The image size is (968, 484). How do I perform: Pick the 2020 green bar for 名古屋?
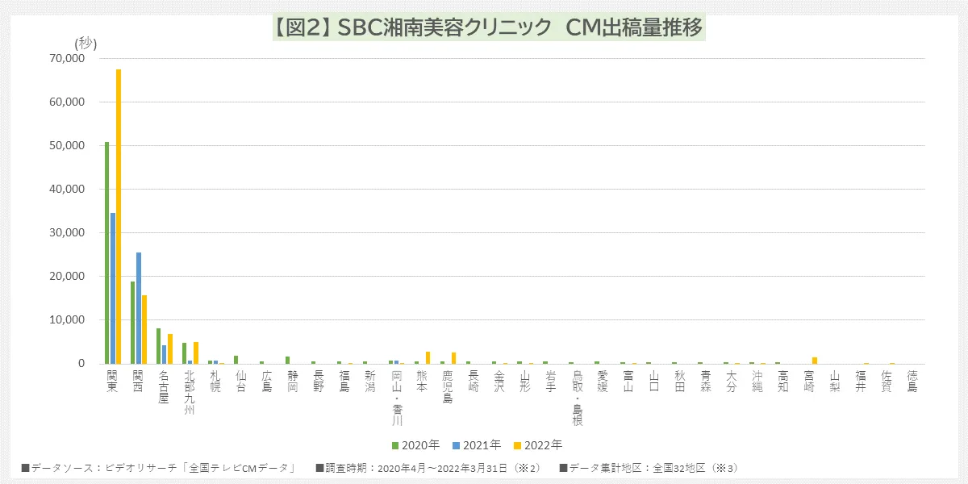coord(159,346)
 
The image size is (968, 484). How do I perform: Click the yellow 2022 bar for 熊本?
coord(428,357)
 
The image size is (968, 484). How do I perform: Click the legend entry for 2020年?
coord(415,444)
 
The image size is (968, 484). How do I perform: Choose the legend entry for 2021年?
coord(477,444)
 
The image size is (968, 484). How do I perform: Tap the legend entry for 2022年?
coord(538,444)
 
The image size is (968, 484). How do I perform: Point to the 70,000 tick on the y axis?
coord(67,59)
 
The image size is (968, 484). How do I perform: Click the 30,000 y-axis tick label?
coord(67,233)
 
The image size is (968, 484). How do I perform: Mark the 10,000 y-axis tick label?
coord(67,320)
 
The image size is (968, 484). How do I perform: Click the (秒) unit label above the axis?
coord(86,44)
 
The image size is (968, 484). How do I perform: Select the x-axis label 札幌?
coord(215,381)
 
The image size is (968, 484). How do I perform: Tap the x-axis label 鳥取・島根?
coord(577,398)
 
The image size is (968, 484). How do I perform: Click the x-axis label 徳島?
coord(912,381)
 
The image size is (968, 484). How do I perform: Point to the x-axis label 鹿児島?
coord(448,386)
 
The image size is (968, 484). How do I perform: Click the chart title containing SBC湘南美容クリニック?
coord(488,27)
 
